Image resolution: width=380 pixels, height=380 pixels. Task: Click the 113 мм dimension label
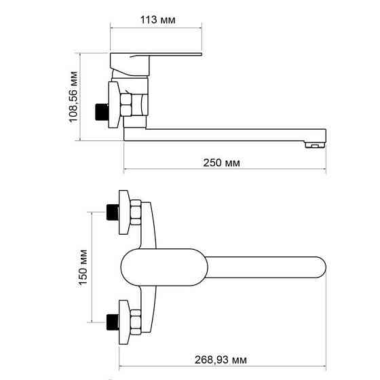coord(156,20)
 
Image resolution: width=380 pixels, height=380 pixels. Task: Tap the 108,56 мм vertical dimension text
coord(75,96)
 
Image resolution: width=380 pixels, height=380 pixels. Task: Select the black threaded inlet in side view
coord(102,110)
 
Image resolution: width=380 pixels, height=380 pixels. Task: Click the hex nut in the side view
coord(127,107)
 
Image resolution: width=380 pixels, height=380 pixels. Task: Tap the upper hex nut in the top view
coord(134,213)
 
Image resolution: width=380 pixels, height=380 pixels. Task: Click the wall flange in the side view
coord(113,103)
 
